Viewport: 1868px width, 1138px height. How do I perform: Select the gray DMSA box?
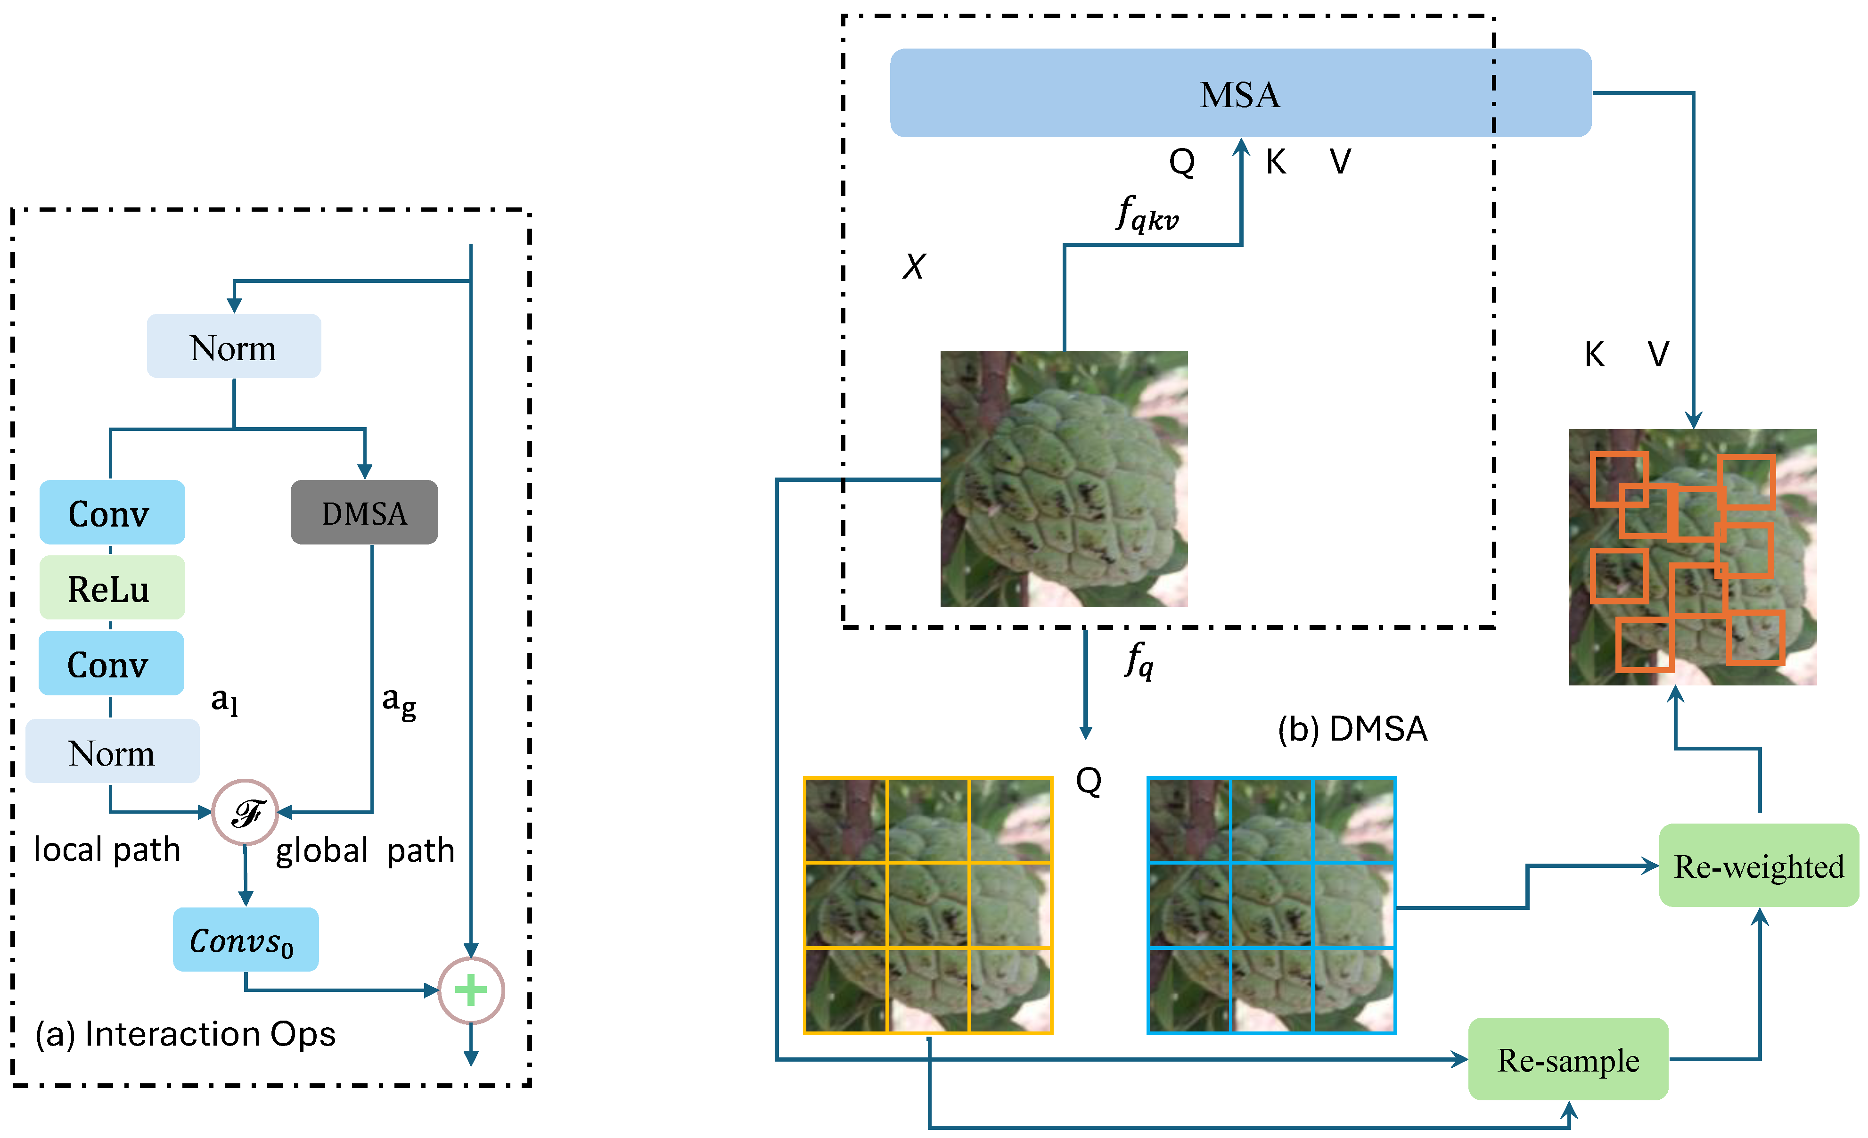[364, 512]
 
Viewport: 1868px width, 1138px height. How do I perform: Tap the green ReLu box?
[111, 588]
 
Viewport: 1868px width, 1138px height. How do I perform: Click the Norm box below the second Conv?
[112, 751]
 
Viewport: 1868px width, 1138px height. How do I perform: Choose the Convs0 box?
[245, 940]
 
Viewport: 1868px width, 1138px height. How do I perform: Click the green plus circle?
[471, 990]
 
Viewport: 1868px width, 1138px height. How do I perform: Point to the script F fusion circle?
[245, 812]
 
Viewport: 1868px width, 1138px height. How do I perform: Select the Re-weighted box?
[1758, 865]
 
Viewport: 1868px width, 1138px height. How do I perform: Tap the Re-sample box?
[1568, 1059]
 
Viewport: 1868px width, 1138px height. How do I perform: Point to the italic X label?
[914, 266]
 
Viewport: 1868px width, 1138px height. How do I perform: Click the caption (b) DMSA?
[1352, 729]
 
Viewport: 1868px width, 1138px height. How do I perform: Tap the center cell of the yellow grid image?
[928, 905]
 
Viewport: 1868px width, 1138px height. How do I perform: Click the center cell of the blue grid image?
[1271, 905]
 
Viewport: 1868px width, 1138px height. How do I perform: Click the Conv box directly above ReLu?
[111, 512]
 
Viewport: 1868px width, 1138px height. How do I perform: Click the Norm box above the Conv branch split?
[234, 346]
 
